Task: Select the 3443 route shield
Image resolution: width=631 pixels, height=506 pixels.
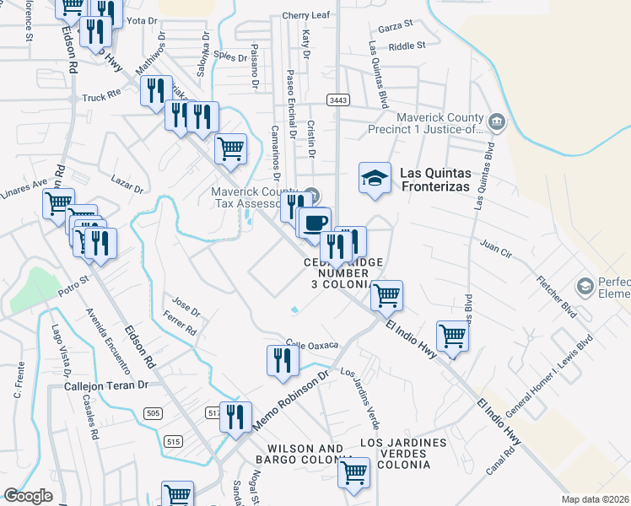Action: point(338,100)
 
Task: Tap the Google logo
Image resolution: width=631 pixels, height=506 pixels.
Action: point(27,496)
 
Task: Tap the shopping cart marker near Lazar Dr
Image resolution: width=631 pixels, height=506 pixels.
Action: point(230,149)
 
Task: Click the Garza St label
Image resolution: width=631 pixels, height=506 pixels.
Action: point(395,24)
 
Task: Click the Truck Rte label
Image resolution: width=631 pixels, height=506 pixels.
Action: point(102,97)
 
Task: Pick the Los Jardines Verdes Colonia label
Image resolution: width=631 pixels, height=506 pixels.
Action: point(403,454)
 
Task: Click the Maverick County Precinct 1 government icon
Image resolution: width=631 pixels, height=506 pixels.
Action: point(497,123)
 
